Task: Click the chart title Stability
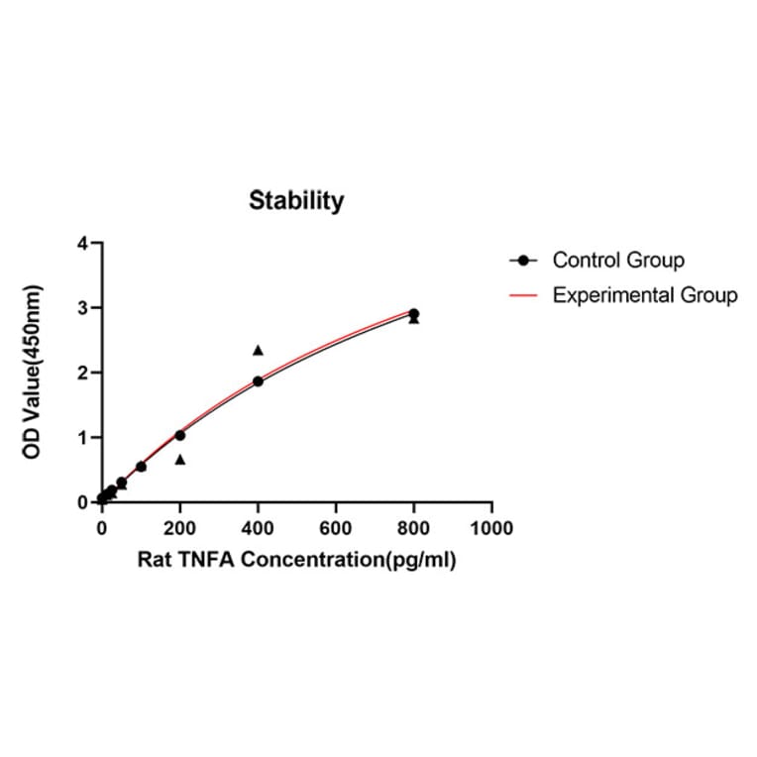click(x=296, y=201)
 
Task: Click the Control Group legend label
click(x=618, y=261)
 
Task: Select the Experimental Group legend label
click(x=644, y=295)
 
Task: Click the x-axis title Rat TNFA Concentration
click(x=296, y=560)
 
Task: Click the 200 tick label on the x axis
click(x=179, y=528)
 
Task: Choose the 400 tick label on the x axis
click(x=258, y=528)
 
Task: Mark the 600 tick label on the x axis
click(x=336, y=528)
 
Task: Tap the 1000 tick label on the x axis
click(x=492, y=528)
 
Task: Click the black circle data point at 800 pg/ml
click(x=414, y=314)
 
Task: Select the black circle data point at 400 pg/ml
click(x=258, y=381)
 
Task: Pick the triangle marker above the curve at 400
click(x=258, y=350)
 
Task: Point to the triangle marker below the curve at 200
click(x=180, y=460)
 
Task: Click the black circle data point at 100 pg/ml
click(x=141, y=467)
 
